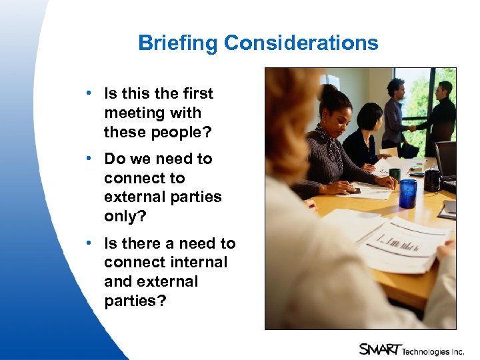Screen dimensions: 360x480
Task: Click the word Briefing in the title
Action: click(x=178, y=43)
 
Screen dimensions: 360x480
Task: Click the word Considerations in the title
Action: click(x=301, y=43)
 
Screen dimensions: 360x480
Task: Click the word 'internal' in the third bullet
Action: click(x=199, y=263)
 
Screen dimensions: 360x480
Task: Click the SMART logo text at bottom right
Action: click(x=379, y=348)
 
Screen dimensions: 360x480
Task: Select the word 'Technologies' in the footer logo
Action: click(x=427, y=349)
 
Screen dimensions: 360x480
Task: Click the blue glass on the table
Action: click(x=407, y=193)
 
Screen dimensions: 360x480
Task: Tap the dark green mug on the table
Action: click(x=395, y=175)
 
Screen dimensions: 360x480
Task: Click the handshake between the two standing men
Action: click(x=412, y=128)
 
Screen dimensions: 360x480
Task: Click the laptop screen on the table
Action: click(x=445, y=158)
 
